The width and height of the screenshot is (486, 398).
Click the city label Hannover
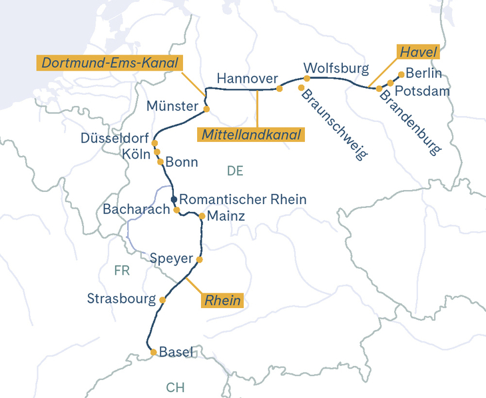247,79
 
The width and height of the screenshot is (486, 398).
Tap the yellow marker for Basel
153,352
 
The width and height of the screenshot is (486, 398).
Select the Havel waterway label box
418,51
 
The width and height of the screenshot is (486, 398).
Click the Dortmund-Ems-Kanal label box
110,63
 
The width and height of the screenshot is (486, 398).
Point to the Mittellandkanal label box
251,135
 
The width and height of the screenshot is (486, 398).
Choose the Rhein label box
222,300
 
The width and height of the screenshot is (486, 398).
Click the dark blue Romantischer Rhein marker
174,199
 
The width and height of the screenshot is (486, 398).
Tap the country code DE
235,171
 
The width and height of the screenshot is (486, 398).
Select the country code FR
121,271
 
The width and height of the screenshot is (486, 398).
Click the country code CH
176,387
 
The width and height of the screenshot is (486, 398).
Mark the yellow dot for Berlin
401,75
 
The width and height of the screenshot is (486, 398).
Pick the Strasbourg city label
121,299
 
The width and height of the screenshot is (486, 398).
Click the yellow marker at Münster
206,109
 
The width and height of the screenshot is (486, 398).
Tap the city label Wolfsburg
336,68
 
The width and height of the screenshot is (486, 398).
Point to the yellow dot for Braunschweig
302,88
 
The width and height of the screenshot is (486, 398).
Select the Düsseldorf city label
114,138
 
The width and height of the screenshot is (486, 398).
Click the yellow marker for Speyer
199,259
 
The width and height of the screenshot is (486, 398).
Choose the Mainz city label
226,216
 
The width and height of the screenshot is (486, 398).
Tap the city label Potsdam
422,91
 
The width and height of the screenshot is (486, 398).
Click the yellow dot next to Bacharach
176,210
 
